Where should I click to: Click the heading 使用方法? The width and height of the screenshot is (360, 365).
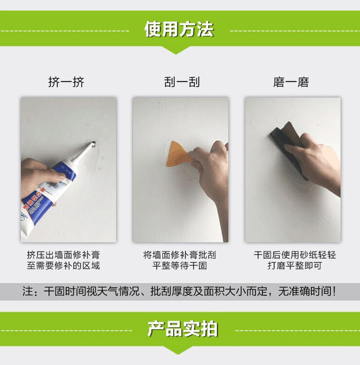pos(179,29)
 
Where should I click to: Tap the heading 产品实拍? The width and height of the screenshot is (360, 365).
pos(182,329)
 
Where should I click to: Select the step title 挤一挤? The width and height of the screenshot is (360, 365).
pos(66,82)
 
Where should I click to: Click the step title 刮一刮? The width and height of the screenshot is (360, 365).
pos(182,82)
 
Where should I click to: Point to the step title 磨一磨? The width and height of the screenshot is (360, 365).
pos(291,82)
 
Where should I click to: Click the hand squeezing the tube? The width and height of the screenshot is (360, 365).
pos(38,177)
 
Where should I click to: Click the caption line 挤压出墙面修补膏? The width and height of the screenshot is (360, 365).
pos(63,255)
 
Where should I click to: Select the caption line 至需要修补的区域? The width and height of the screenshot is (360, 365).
pos(63,265)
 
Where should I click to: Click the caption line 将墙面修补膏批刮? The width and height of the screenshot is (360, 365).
pos(180,255)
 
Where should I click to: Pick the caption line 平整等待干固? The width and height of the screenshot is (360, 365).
pos(180,265)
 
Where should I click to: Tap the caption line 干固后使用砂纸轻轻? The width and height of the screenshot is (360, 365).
pos(294,255)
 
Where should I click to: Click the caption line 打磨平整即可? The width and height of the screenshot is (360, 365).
pos(294,265)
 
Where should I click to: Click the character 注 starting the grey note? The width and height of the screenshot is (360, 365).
pos(27,292)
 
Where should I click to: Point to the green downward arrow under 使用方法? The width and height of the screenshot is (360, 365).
pos(176,50)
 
